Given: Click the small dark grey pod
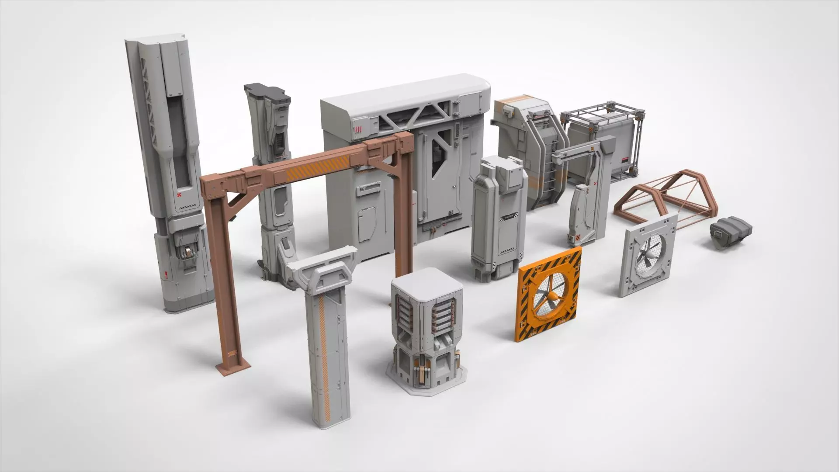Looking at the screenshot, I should (x=730, y=234).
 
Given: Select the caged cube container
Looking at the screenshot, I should (x=603, y=140).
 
